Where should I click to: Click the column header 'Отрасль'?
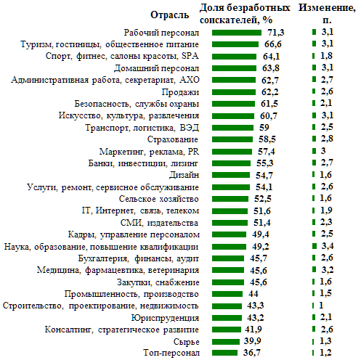[x=169, y=15]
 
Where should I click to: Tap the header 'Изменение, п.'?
[x=327, y=14]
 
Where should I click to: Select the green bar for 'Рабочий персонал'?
[x=237, y=33]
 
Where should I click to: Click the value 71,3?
[x=275, y=32]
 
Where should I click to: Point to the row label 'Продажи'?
[x=180, y=92]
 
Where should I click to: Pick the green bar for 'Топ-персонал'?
[x=224, y=353]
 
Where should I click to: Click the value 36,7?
[x=252, y=353]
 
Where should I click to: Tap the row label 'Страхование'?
[x=173, y=139]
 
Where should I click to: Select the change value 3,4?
[x=328, y=246]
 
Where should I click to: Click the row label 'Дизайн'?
[x=184, y=175]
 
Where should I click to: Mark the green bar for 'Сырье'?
[x=226, y=342]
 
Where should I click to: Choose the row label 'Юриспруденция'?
[x=165, y=318]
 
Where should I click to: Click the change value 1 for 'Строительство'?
[x=321, y=306]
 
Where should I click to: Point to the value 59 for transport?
[x=264, y=128]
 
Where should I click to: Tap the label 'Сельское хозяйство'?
[x=158, y=199]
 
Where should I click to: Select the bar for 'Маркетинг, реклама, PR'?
[x=232, y=152]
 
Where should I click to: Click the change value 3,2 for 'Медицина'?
[x=328, y=269]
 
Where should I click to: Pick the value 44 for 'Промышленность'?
[x=253, y=294]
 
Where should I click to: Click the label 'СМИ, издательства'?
[x=159, y=223]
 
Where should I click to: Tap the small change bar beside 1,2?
[x=313, y=353]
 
